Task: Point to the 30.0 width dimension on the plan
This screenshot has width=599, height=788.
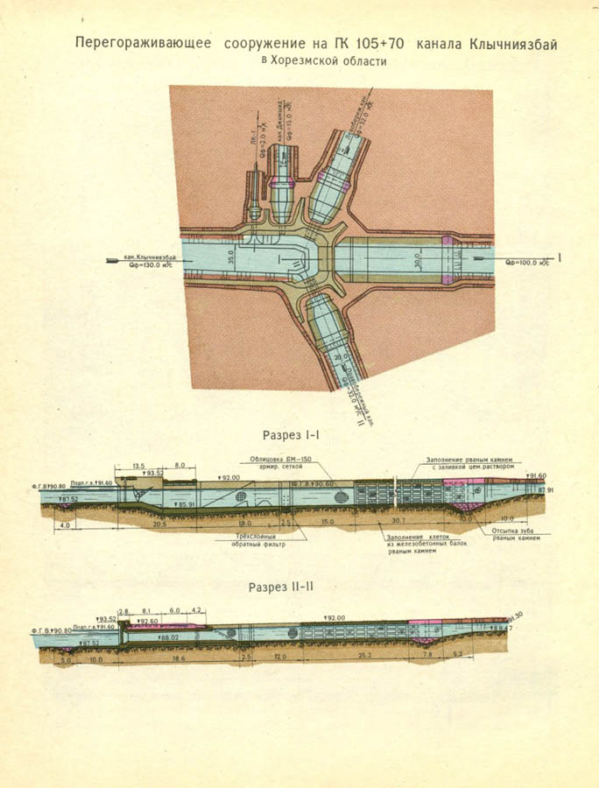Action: click(419, 260)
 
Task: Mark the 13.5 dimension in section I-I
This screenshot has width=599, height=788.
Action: click(138, 466)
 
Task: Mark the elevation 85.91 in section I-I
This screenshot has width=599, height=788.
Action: click(186, 505)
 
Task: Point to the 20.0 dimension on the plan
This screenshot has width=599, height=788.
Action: click(340, 356)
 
